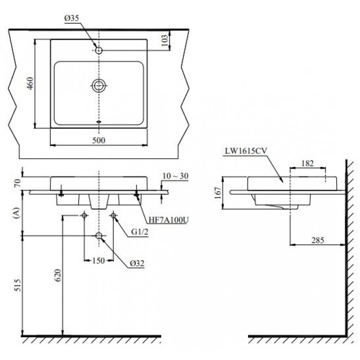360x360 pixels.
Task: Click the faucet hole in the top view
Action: pos(99,50)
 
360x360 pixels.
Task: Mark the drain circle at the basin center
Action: pos(99,86)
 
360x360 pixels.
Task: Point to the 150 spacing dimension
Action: pos(99,261)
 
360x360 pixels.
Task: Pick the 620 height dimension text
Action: pos(58,277)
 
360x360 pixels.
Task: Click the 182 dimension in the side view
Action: pos(307,163)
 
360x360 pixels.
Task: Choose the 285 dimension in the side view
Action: pos(318,240)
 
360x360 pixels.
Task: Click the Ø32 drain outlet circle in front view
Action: pos(99,235)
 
